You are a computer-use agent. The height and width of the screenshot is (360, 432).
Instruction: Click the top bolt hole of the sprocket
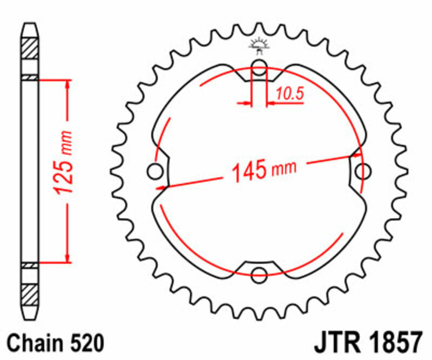(x=259, y=68)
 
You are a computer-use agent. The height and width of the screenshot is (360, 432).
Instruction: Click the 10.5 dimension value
(x=290, y=94)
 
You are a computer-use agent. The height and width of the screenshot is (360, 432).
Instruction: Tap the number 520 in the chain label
(x=83, y=343)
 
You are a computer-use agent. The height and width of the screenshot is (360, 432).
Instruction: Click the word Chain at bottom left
(x=36, y=343)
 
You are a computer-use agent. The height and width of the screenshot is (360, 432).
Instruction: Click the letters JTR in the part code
(x=334, y=343)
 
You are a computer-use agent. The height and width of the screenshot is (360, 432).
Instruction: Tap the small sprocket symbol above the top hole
(x=259, y=45)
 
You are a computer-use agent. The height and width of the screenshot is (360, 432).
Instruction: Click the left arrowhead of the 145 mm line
(x=160, y=188)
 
